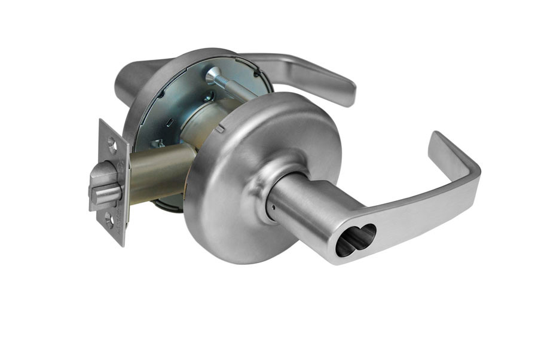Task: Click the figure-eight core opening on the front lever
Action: [355, 240]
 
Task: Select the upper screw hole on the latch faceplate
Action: [111, 142]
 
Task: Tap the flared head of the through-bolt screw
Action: [213, 75]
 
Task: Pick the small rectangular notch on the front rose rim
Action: [221, 127]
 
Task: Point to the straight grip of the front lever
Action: [418, 215]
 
